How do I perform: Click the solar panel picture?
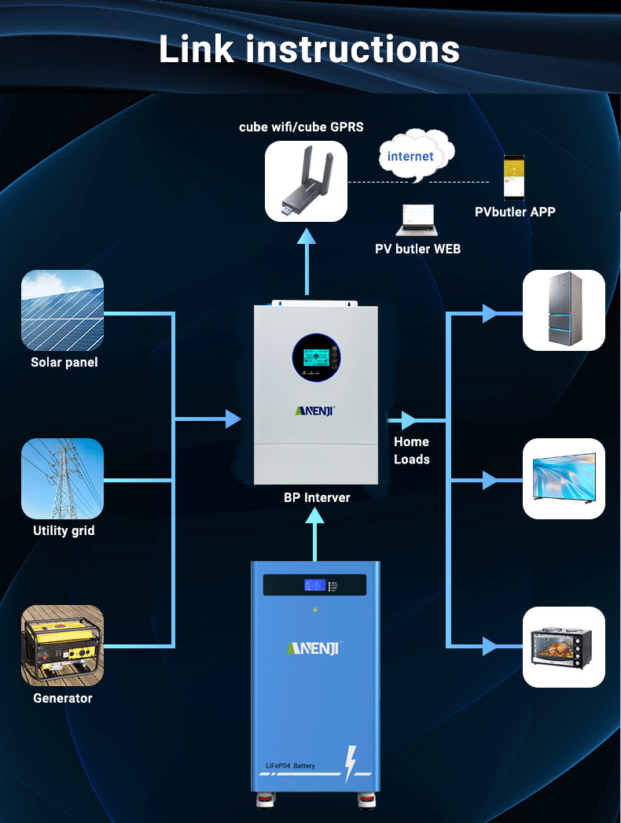click(x=62, y=310)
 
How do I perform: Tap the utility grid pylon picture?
click(x=62, y=478)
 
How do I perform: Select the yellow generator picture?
click(x=62, y=646)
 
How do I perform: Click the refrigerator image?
click(x=564, y=310)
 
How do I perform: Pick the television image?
click(x=564, y=478)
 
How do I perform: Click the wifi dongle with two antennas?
click(x=307, y=182)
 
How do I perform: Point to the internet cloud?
click(x=417, y=155)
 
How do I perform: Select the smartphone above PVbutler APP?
click(x=514, y=177)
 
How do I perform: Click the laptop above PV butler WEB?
click(x=417, y=220)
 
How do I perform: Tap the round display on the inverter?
click(x=316, y=358)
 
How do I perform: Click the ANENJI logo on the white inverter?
click(x=314, y=411)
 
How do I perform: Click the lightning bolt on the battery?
click(x=351, y=764)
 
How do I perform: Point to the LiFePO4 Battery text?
click(x=290, y=766)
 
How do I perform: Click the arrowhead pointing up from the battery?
click(x=314, y=516)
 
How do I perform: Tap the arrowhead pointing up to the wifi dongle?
click(x=307, y=236)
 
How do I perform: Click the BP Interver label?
click(x=317, y=497)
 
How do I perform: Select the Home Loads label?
click(x=412, y=450)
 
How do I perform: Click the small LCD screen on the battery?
click(x=314, y=585)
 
